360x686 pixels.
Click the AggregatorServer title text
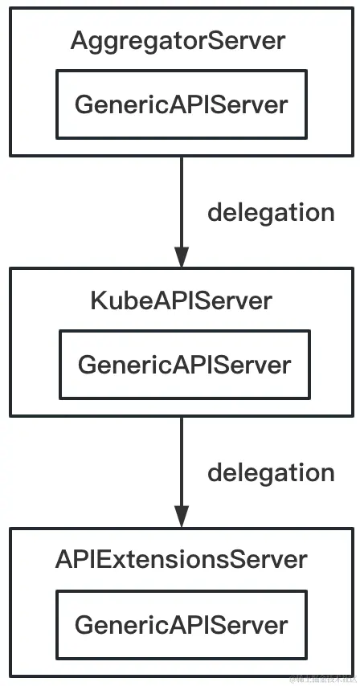tap(178, 41)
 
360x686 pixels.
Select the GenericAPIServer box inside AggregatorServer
tap(181, 104)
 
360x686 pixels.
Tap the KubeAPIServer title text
tap(181, 301)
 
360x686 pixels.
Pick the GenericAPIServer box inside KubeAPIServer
tap(184, 365)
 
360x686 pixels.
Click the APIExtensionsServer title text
tap(181, 559)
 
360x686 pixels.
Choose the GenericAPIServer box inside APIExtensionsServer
tap(181, 624)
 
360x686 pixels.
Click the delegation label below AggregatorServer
tap(271, 213)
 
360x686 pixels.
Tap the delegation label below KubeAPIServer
tap(271, 472)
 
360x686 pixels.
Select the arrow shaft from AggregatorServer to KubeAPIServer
tap(182, 201)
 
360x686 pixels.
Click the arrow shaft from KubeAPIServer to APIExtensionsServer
tap(182, 462)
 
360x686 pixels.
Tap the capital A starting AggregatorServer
tap(78, 41)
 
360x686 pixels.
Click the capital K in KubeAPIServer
tap(97, 301)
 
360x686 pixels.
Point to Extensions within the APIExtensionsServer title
tap(157, 559)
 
